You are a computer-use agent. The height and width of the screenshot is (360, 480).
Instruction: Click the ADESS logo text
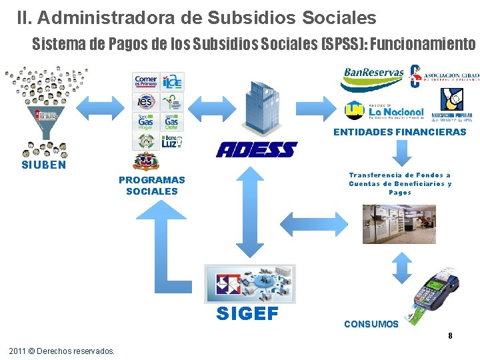pyautogui.click(x=256, y=149)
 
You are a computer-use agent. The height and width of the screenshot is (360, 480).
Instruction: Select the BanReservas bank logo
pyautogui.click(x=373, y=79)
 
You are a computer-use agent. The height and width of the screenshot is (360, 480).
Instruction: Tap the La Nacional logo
pyautogui.click(x=385, y=109)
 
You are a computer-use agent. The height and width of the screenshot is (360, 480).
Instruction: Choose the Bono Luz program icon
pyautogui.click(x=171, y=141)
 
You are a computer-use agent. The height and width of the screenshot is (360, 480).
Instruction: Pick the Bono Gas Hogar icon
pyautogui.click(x=145, y=122)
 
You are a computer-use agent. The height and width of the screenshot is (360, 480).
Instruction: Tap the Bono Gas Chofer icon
pyautogui.click(x=171, y=122)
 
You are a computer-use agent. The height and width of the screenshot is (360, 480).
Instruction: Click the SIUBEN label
pyautogui.click(x=44, y=165)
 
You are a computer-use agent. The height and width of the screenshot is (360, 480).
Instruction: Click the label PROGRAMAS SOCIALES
pyautogui.click(x=152, y=185)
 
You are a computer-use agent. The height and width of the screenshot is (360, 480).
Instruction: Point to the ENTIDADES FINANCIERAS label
pyautogui.click(x=400, y=132)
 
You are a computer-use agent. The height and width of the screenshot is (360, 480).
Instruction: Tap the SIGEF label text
pyautogui.click(x=247, y=314)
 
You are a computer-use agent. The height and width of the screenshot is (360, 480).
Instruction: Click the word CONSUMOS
pyautogui.click(x=371, y=324)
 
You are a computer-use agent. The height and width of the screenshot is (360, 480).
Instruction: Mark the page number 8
pyautogui.click(x=450, y=335)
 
